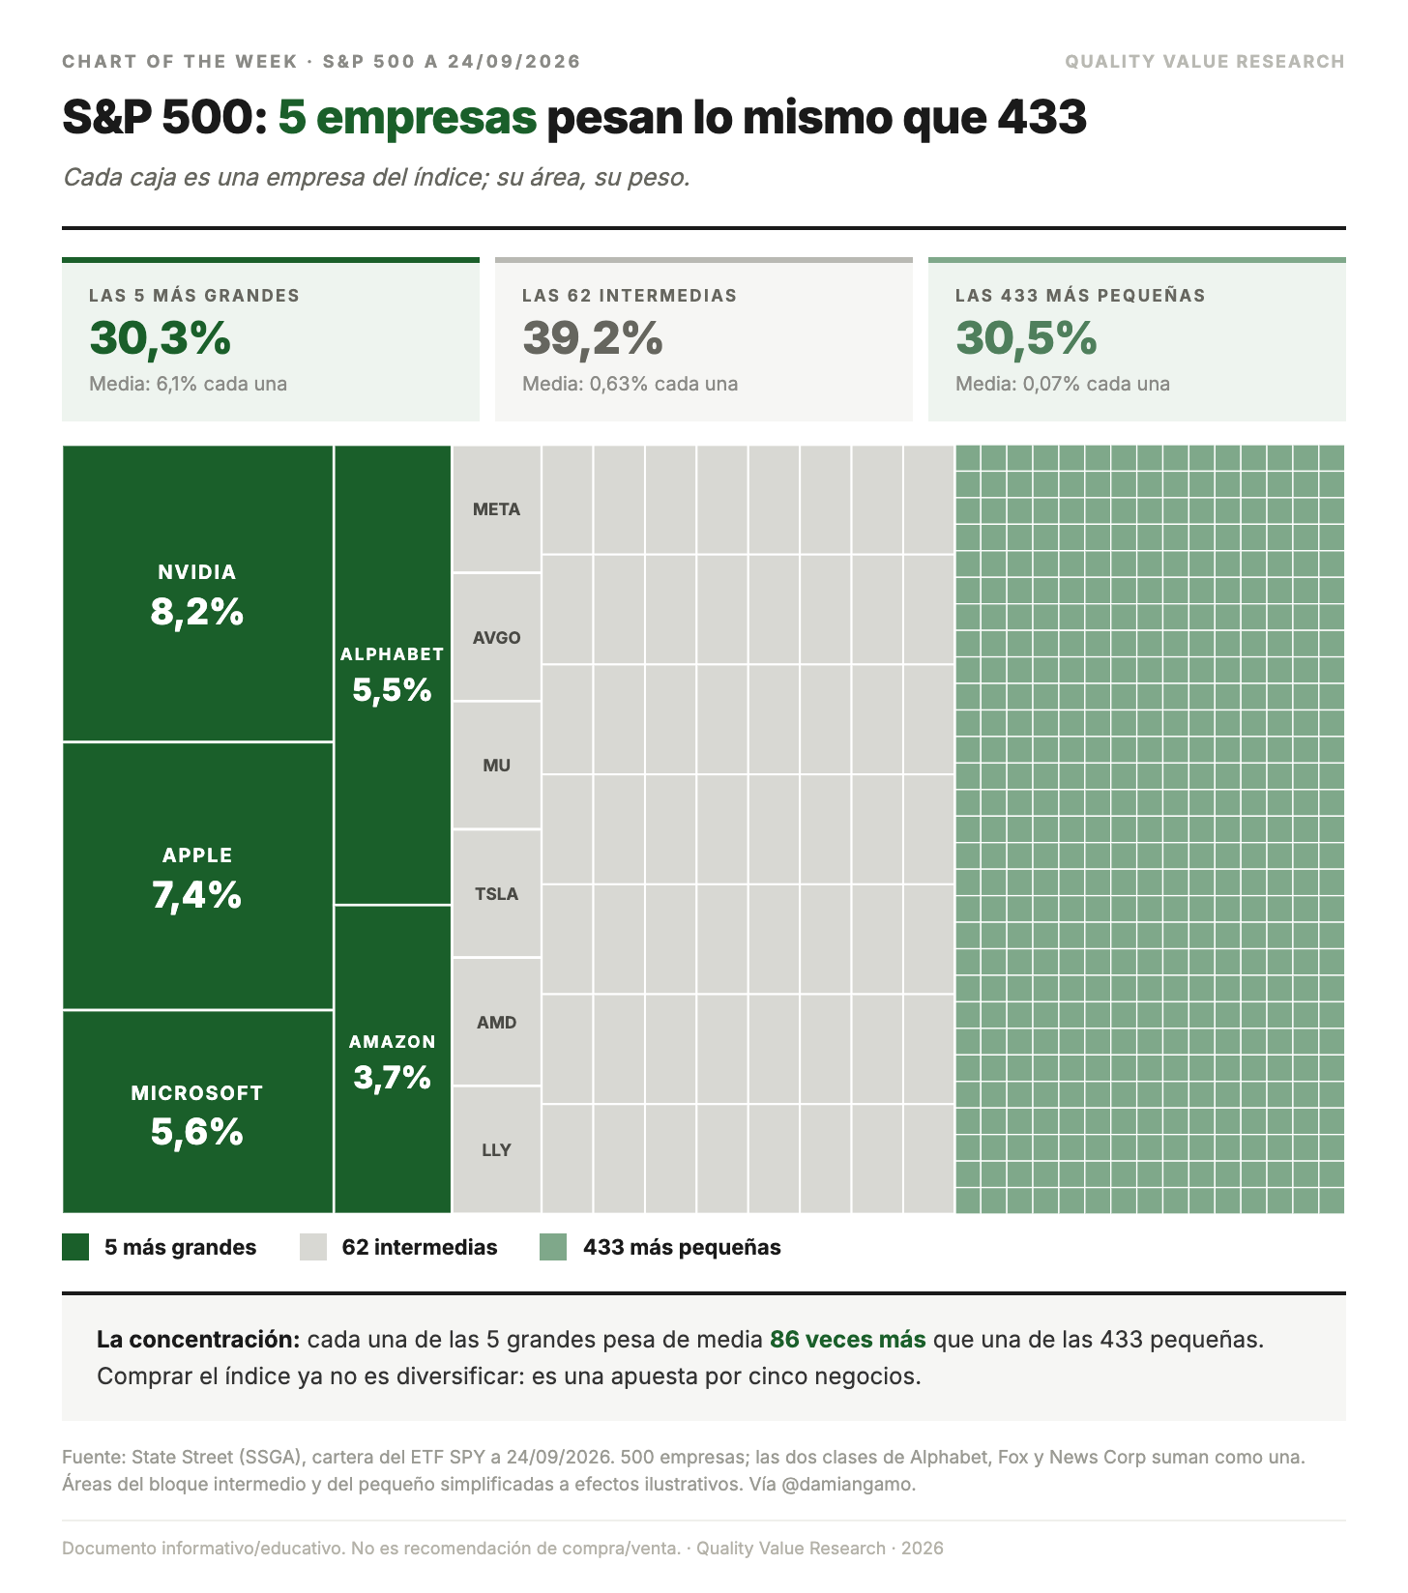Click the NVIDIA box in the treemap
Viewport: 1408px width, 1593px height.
pos(198,594)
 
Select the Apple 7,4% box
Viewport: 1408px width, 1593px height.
pos(198,876)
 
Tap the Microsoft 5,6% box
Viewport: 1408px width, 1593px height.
pos(198,1112)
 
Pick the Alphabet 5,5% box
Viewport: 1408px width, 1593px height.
pos(393,675)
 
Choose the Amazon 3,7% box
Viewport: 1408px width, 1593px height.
pos(393,1059)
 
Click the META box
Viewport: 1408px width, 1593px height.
pos(497,508)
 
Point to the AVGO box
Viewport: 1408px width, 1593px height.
pos(497,637)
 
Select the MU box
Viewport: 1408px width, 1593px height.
pos(497,765)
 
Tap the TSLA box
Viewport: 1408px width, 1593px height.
pos(497,893)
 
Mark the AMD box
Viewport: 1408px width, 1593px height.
pos(497,1022)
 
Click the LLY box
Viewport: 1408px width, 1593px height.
pos(497,1149)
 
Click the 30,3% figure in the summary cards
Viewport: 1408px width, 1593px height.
pos(161,338)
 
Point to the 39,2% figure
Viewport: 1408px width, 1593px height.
pos(593,338)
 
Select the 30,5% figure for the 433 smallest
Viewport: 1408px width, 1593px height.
pos(1027,338)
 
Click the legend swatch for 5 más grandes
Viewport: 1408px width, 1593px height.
pos(75,1247)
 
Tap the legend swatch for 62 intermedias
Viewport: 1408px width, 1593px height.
pos(313,1247)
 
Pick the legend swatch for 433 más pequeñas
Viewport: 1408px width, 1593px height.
pos(553,1247)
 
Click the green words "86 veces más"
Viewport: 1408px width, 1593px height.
pos(848,1340)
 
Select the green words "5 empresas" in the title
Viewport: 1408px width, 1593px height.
pos(407,118)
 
